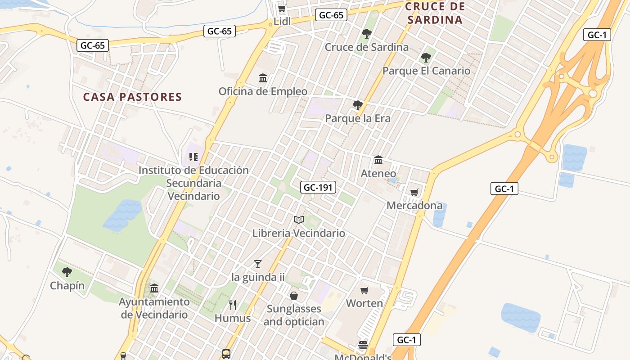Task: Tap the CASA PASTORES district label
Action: (133, 97)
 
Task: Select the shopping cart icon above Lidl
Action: (282, 9)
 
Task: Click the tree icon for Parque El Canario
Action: (426, 58)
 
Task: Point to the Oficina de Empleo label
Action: (263, 91)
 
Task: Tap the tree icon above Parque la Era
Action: (358, 105)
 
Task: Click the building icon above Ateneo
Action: (378, 160)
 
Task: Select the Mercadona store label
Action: (414, 206)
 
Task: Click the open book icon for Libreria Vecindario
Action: (299, 220)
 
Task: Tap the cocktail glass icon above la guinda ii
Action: (258, 264)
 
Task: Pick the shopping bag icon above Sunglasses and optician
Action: (294, 295)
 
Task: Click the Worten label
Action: (364, 303)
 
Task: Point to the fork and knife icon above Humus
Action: (233, 305)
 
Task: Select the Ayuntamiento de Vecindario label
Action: (154, 308)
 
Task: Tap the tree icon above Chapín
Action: (67, 272)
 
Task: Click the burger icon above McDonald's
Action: (363, 346)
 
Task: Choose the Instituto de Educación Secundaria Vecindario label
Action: (193, 183)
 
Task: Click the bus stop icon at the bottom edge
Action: (226, 354)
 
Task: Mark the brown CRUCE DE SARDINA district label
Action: (435, 13)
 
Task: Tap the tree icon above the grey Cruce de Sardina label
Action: (367, 33)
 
